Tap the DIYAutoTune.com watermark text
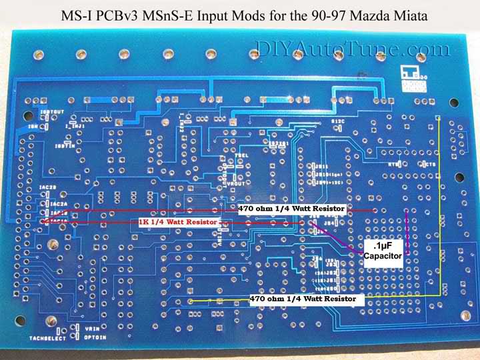(353, 49)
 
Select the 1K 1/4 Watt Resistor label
(178, 221)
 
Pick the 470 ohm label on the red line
(291, 209)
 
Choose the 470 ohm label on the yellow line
(307, 299)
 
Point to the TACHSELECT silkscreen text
(46, 338)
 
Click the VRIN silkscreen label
(92, 327)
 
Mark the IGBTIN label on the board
(65, 146)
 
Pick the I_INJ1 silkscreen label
(74, 124)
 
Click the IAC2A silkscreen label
(59, 203)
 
